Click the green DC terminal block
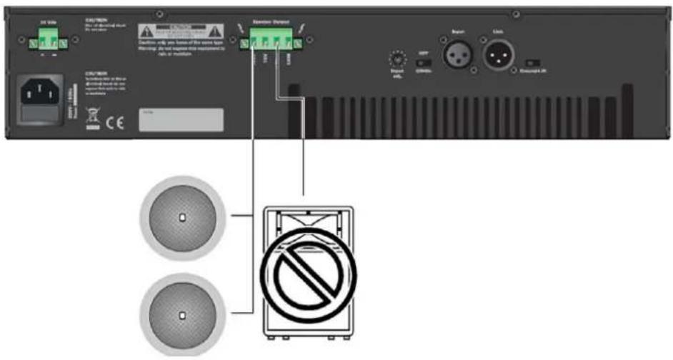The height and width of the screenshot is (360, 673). point(47,44)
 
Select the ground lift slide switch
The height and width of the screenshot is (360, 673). point(533,63)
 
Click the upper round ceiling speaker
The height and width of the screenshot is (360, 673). point(182,217)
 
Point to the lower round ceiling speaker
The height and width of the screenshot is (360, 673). point(182,314)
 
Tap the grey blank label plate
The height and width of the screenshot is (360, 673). point(181,120)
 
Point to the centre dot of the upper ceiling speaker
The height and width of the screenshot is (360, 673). point(182,217)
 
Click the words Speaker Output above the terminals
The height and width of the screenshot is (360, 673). point(270,22)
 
